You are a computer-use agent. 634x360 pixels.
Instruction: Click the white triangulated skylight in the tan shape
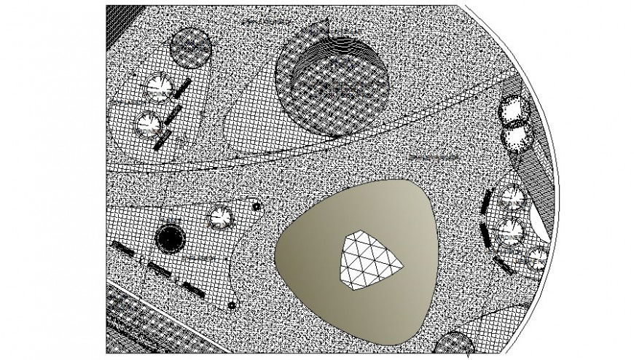[x=369, y=259]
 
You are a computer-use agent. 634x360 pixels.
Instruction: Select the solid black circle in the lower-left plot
[x=170, y=237]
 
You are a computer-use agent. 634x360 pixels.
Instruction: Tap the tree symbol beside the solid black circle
[x=219, y=217]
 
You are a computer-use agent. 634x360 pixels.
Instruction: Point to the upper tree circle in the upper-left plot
[x=157, y=87]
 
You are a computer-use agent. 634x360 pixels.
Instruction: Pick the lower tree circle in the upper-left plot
[x=148, y=124]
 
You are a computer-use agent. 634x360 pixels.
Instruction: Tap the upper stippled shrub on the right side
[x=515, y=111]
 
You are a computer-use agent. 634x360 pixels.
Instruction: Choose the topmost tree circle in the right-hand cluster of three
[x=513, y=197]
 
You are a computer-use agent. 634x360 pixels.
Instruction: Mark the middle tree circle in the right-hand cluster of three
[x=511, y=231]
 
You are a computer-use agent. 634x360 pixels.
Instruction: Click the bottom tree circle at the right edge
[x=538, y=258]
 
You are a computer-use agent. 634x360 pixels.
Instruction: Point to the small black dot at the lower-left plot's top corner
[x=256, y=206]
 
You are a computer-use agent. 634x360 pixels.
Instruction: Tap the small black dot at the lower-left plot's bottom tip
[x=232, y=305]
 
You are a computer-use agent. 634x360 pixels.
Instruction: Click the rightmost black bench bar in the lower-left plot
[x=192, y=289]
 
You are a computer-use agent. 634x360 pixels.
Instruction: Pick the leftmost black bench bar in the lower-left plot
[x=122, y=249]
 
